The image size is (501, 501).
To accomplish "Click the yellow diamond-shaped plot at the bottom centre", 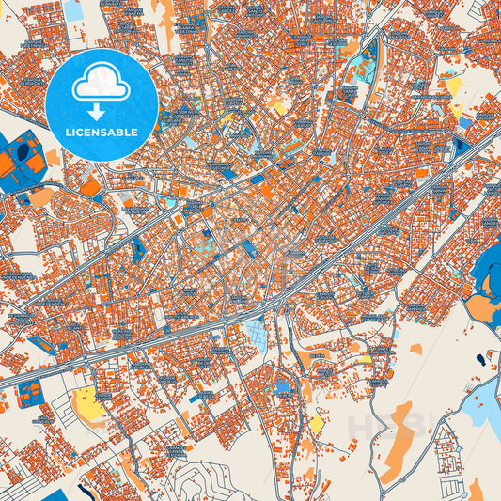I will (x=317, y=425).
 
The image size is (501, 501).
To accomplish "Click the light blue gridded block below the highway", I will (x=255, y=334).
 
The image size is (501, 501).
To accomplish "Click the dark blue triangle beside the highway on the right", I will (x=460, y=147).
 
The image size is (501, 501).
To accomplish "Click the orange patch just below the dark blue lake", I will (x=480, y=309).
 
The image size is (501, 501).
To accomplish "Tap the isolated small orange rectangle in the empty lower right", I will (x=415, y=350).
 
